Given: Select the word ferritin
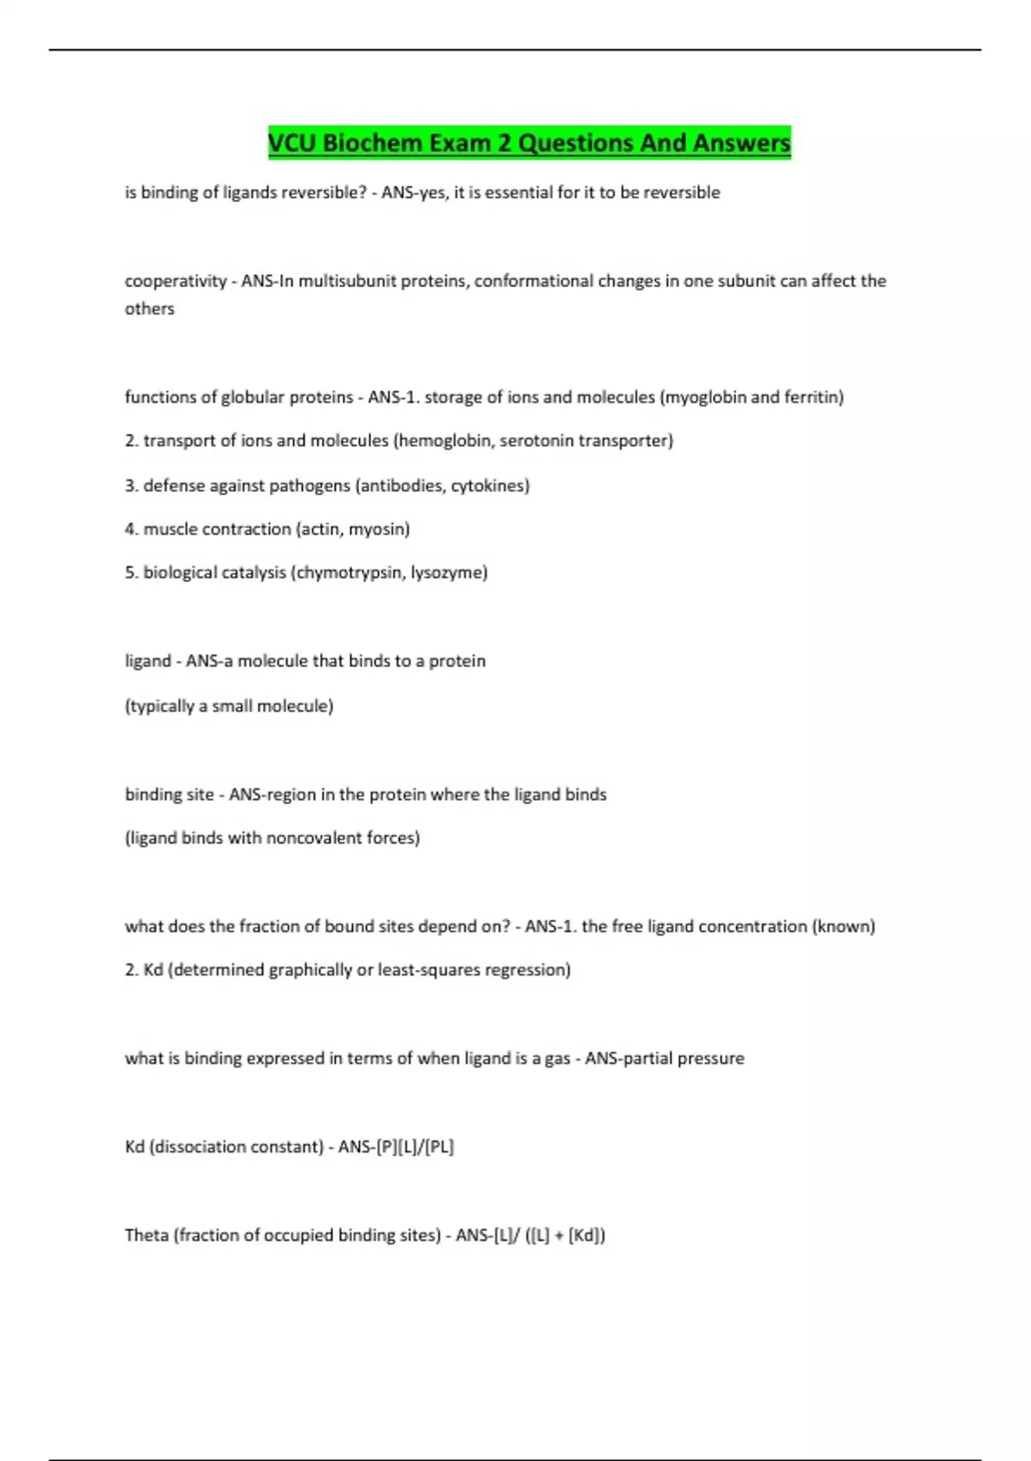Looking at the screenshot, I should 812,397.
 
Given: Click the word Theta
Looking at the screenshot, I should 146,1236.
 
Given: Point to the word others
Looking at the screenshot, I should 149,309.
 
